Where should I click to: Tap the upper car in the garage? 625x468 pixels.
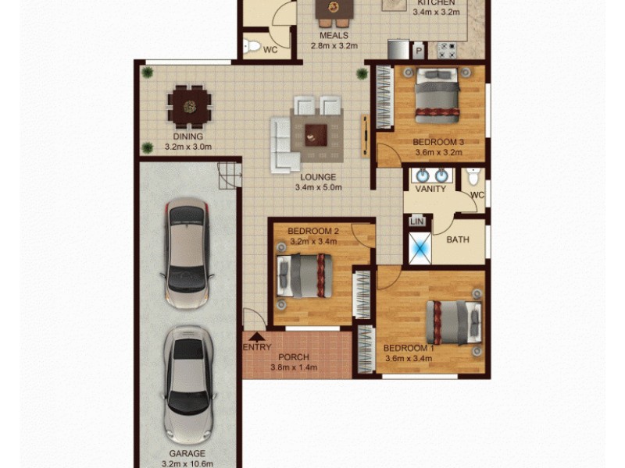[x=187, y=254]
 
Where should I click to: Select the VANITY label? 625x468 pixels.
[x=430, y=189]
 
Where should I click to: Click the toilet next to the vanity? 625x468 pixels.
[x=471, y=178]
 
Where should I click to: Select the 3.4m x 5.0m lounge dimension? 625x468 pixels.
[x=318, y=187]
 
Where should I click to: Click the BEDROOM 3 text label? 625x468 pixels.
[x=438, y=141]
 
